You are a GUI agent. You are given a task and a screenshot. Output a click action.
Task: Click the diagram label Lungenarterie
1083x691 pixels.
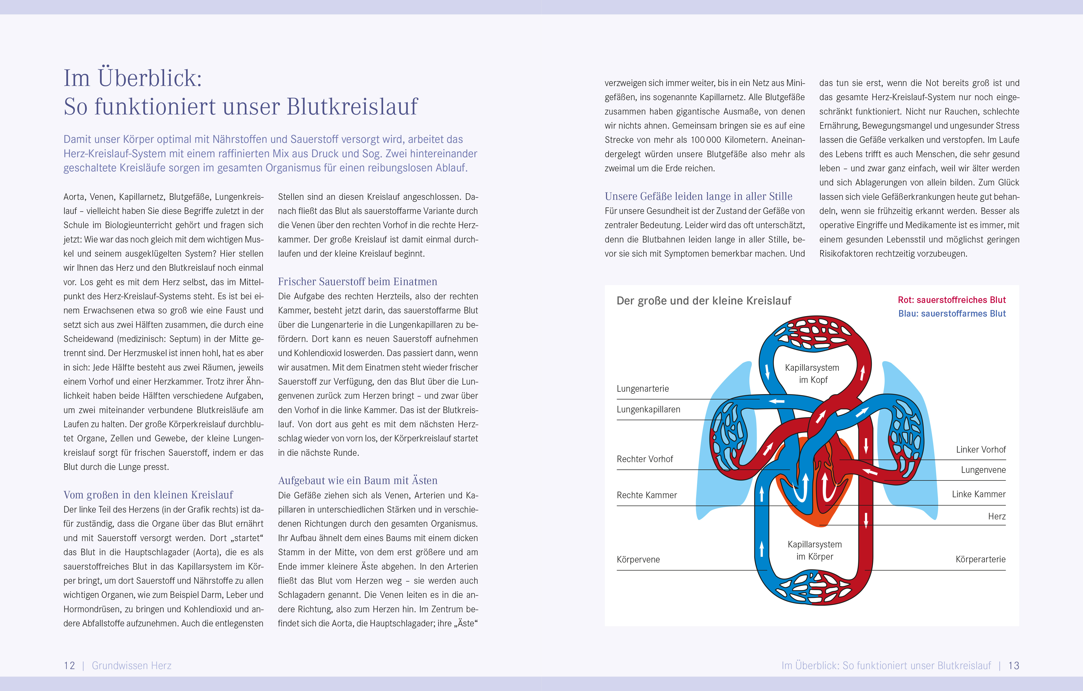642,389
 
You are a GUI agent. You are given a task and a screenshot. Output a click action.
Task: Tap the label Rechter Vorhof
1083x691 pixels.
645,459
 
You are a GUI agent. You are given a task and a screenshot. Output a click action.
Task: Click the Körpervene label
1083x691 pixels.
638,560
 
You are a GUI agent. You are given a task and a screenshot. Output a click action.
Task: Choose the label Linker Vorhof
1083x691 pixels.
981,450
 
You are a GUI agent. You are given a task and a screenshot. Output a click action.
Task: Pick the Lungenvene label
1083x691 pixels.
983,470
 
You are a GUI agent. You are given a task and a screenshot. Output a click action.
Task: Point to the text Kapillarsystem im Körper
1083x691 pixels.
815,550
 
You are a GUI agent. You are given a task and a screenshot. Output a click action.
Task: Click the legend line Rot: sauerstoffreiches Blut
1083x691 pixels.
951,300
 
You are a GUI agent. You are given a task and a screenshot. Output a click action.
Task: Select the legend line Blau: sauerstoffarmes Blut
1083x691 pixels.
952,314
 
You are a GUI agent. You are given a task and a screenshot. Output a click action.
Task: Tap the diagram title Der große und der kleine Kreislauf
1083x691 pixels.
703,301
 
